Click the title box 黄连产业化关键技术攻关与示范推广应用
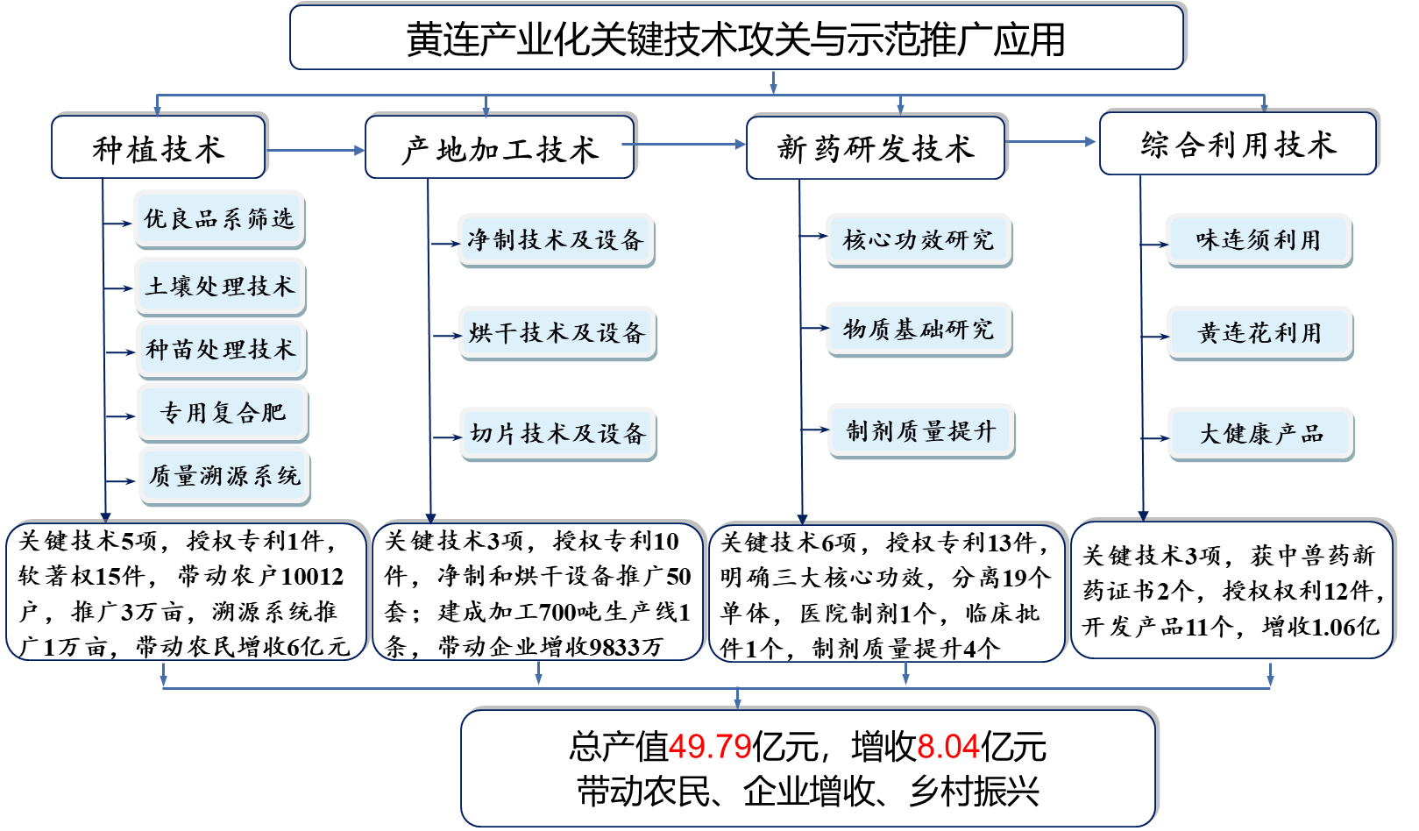736,39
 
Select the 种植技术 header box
159,147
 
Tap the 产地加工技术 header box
500,147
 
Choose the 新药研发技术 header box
875,147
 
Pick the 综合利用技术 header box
1238,144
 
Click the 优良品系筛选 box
219,218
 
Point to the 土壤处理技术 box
220,286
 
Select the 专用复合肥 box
223,412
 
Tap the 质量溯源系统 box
224,475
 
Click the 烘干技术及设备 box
557,332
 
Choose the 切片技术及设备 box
557,433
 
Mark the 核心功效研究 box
918,239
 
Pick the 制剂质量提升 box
920,430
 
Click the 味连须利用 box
1258,239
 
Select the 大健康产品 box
1260,433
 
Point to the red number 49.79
710,747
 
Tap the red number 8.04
948,747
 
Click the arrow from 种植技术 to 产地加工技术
316,151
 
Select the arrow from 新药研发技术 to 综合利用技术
1052,142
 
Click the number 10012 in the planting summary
312,577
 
